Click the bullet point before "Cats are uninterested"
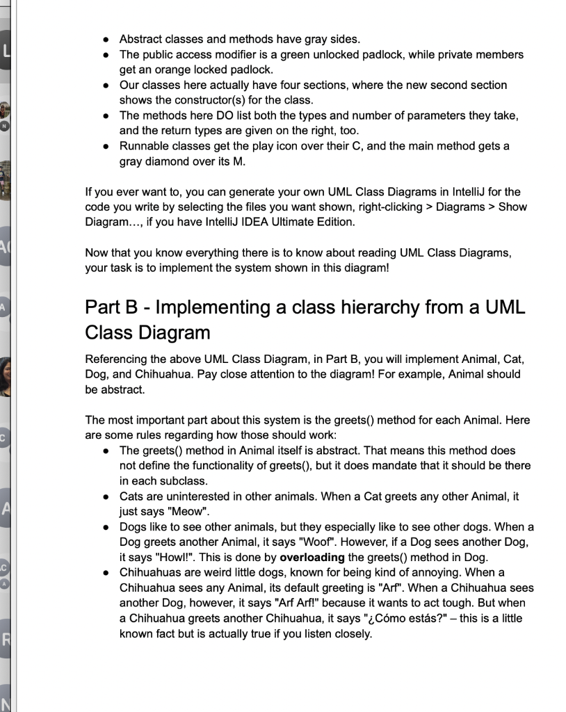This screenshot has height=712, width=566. coord(104,497)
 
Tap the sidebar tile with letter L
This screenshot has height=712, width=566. coord(6,52)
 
